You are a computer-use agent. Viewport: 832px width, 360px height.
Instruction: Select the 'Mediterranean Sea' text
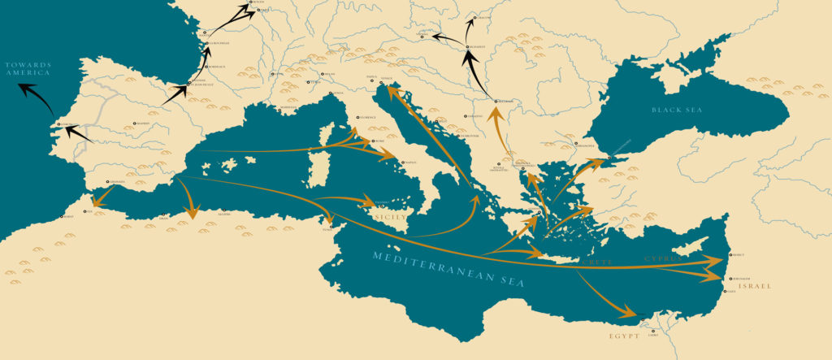point(448,268)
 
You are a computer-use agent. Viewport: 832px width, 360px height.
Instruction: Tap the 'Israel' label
point(756,286)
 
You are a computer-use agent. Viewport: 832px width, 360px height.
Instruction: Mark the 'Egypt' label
point(623,334)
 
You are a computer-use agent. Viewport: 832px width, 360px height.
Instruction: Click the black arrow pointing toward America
point(28,90)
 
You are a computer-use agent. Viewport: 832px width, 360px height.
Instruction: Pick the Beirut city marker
point(730,254)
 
